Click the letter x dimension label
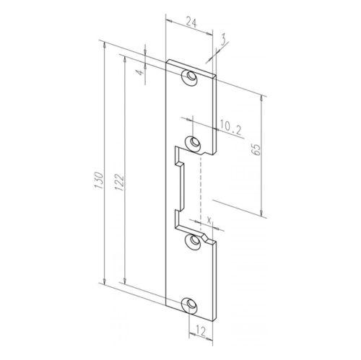click(209, 219)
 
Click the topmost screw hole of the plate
click(191, 77)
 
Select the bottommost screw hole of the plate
click(191, 305)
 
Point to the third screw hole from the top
click(192, 242)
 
